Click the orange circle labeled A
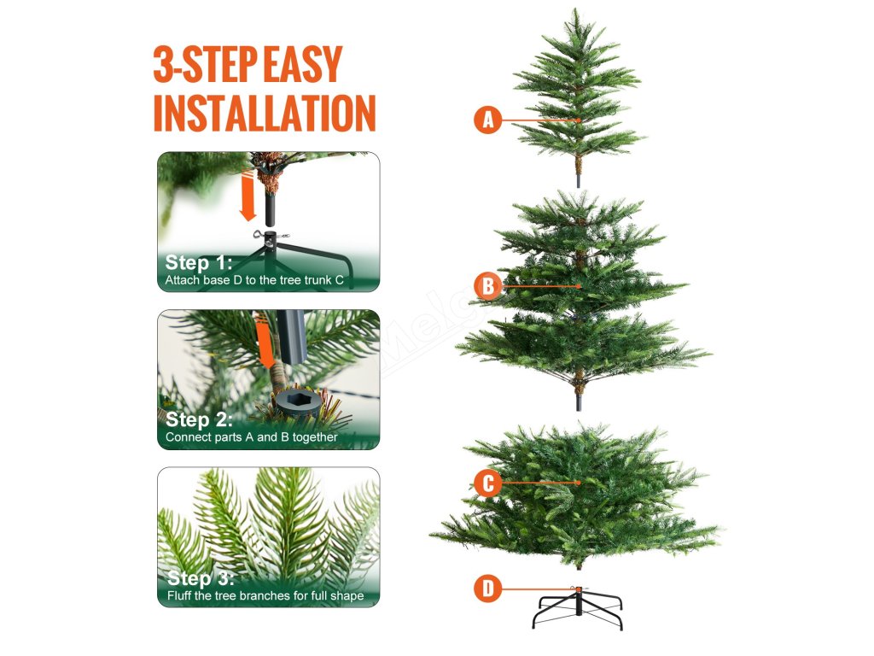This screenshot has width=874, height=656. point(487,120)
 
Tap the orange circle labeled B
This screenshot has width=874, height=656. point(487,286)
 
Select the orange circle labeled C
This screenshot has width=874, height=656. point(487,483)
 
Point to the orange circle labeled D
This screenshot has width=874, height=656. point(487,589)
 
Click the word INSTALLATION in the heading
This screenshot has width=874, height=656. point(265,113)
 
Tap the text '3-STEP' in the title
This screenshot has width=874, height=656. point(205,65)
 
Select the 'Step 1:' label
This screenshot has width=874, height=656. point(198,263)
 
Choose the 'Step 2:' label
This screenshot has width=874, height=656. point(199,419)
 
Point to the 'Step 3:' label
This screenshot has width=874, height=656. point(201,578)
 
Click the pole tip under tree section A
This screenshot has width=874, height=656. point(579,181)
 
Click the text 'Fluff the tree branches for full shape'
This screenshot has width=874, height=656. point(265,595)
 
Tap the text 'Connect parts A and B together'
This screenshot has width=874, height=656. point(252,437)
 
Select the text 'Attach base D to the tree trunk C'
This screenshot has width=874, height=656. point(254,280)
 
